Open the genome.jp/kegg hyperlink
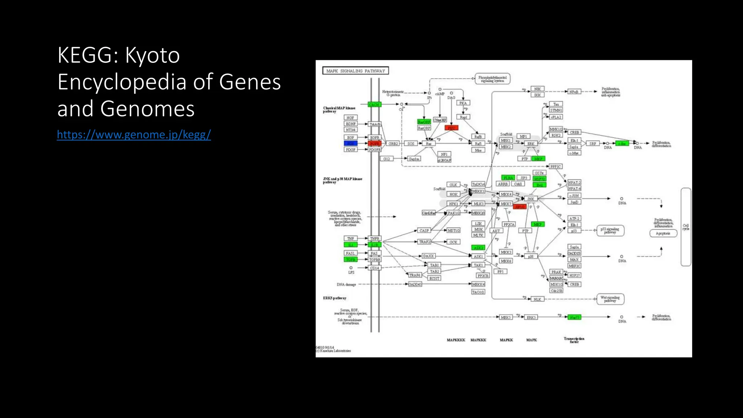(x=134, y=135)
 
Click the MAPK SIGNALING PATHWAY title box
(x=355, y=71)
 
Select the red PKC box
(x=451, y=128)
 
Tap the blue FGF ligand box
(x=350, y=144)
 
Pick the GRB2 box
(x=393, y=144)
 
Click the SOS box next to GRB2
(x=410, y=144)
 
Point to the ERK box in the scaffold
(x=530, y=144)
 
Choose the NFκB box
(x=574, y=92)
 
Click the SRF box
(x=592, y=144)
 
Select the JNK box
(x=530, y=199)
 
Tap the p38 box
(x=530, y=257)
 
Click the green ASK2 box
(x=478, y=248)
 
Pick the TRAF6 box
(x=415, y=275)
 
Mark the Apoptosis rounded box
(x=663, y=233)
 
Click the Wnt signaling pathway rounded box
(x=610, y=299)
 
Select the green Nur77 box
(x=574, y=317)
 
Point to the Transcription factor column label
(x=574, y=340)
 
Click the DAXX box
(x=428, y=256)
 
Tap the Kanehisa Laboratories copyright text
(x=334, y=351)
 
